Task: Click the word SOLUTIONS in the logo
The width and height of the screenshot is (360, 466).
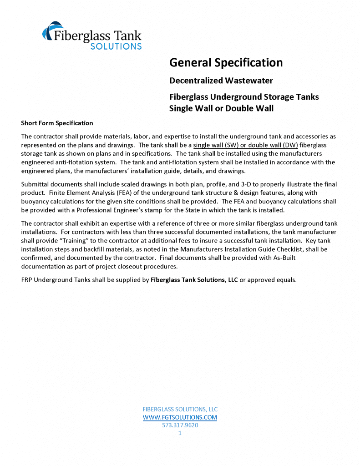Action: [116, 46]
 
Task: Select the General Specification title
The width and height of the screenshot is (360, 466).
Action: [226, 62]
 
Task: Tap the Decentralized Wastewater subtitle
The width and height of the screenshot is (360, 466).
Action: [221, 81]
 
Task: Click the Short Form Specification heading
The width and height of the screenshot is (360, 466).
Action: [57, 123]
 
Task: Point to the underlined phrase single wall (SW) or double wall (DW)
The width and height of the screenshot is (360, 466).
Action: [245, 145]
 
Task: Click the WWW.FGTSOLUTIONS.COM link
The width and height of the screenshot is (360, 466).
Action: [180, 417]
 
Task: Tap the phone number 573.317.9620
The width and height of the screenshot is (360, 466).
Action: [180, 425]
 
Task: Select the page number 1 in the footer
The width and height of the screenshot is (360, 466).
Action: [180, 433]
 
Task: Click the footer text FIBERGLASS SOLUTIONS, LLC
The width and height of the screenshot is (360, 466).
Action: [180, 409]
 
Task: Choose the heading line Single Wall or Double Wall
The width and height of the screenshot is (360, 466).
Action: [221, 108]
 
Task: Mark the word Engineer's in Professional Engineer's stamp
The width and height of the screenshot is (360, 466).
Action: [135, 210]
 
